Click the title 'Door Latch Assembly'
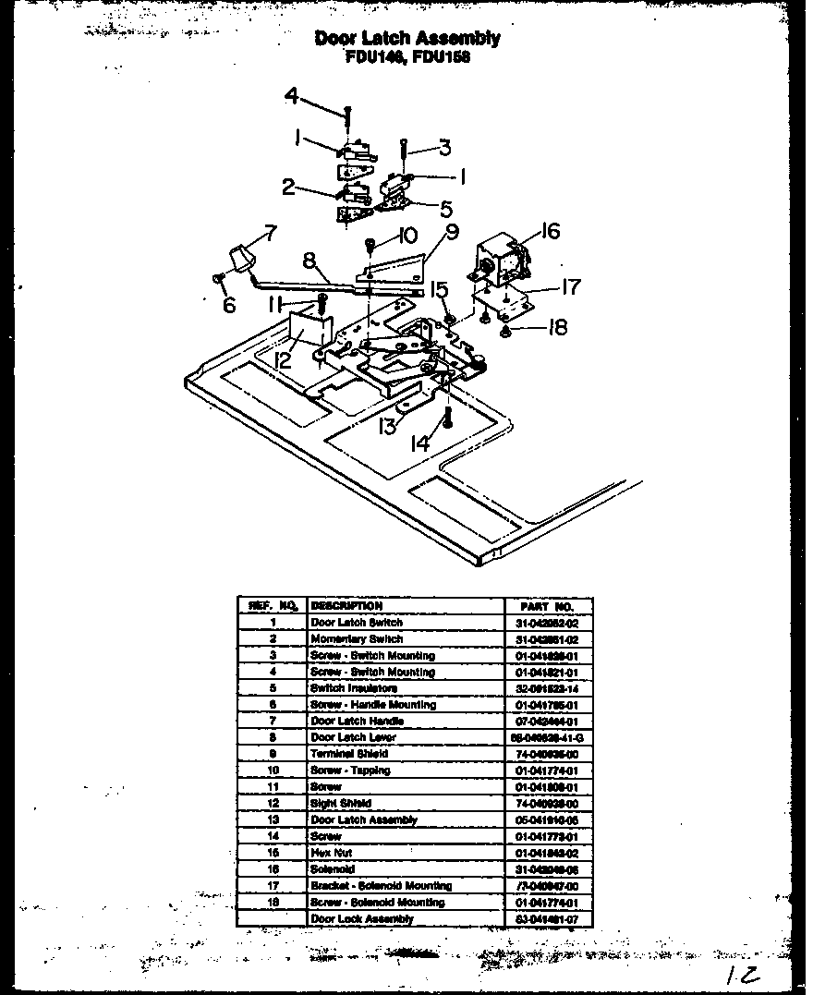click(x=407, y=38)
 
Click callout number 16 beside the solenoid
click(x=550, y=230)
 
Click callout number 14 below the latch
click(x=420, y=443)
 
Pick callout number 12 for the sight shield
click(x=283, y=359)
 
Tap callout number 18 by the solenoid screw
click(x=556, y=327)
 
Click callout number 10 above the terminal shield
click(x=407, y=235)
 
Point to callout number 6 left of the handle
click(x=229, y=304)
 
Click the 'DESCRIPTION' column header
click(x=346, y=606)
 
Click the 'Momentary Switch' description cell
click(x=357, y=639)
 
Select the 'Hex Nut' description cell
click(x=331, y=853)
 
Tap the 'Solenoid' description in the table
click(x=333, y=869)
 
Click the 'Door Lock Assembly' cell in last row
click(x=361, y=919)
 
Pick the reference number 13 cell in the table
click(x=273, y=819)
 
